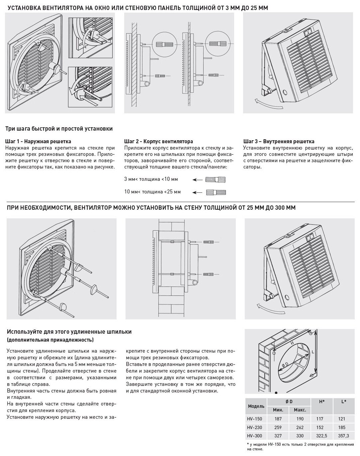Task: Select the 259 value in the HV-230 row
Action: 278,427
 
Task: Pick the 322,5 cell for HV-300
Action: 321,435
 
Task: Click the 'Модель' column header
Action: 256,406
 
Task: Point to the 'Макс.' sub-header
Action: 300,410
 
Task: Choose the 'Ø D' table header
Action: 289,401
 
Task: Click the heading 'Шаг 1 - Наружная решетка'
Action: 39,141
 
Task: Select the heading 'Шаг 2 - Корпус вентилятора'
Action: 158,141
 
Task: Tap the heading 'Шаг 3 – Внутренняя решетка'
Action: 279,141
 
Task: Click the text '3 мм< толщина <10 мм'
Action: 151,179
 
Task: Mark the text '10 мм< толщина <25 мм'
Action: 152,192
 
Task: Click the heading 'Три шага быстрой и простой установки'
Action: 59,128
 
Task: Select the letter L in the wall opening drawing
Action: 313,352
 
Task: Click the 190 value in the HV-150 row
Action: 300,419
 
